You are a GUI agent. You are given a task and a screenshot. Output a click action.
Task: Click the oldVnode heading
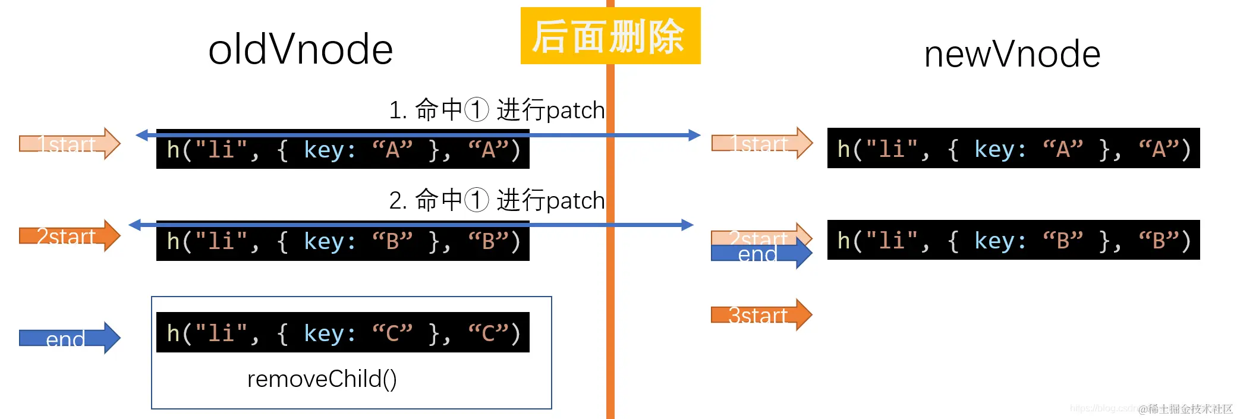[300, 49]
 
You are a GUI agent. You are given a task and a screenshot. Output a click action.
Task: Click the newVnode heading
[1012, 54]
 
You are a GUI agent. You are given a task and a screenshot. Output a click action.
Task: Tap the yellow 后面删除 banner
[610, 36]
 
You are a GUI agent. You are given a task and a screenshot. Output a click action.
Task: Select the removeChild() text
[322, 379]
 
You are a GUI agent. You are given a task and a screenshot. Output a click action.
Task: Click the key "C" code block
[342, 333]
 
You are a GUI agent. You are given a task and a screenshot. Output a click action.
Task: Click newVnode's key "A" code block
[1013, 149]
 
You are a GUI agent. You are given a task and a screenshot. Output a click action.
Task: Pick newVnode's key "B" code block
[1013, 240]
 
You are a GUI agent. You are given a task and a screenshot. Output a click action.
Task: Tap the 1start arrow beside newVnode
[761, 143]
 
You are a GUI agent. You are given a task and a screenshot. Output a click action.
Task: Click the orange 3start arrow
[761, 315]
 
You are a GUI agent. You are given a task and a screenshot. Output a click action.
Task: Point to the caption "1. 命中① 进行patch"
[496, 110]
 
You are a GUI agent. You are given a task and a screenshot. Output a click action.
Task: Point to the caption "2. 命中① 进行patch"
[496, 200]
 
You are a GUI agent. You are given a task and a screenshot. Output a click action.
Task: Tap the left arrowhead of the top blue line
[141, 135]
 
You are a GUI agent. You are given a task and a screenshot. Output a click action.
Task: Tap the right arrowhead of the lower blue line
[688, 225]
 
